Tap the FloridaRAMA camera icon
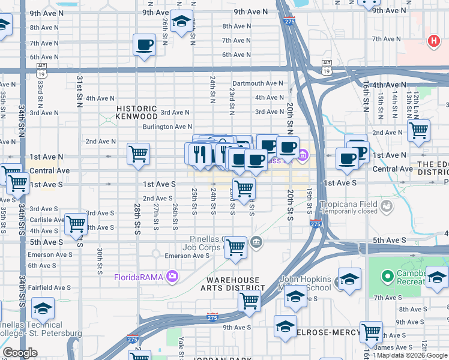(172, 277)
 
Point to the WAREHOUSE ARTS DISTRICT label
(234, 284)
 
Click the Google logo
(20, 353)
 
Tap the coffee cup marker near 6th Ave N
(144, 45)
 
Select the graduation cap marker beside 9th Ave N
(181, 22)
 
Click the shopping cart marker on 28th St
(139, 154)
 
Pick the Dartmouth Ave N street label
(258, 83)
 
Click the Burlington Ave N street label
(167, 127)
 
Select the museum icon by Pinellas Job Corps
(257, 242)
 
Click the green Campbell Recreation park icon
(387, 277)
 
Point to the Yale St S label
(180, 346)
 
